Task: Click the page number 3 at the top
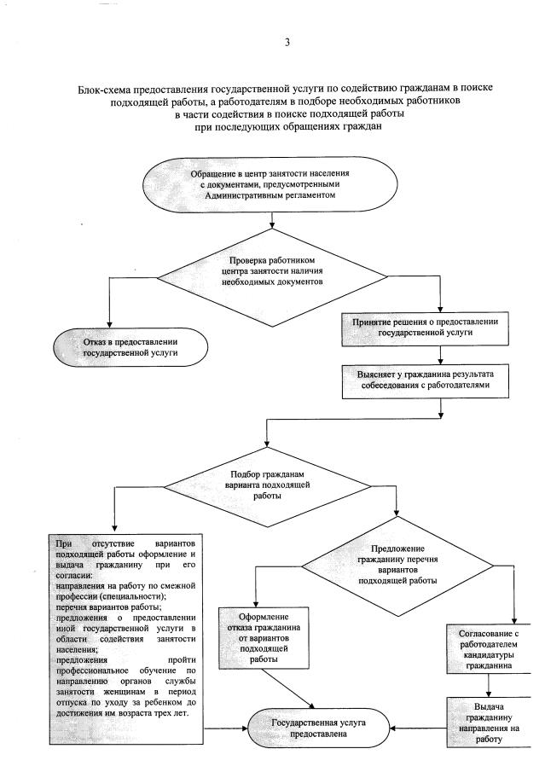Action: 287,43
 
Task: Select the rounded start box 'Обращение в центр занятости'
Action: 270,183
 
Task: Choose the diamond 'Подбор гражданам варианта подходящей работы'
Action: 268,484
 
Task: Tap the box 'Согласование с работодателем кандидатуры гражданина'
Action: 484,651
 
